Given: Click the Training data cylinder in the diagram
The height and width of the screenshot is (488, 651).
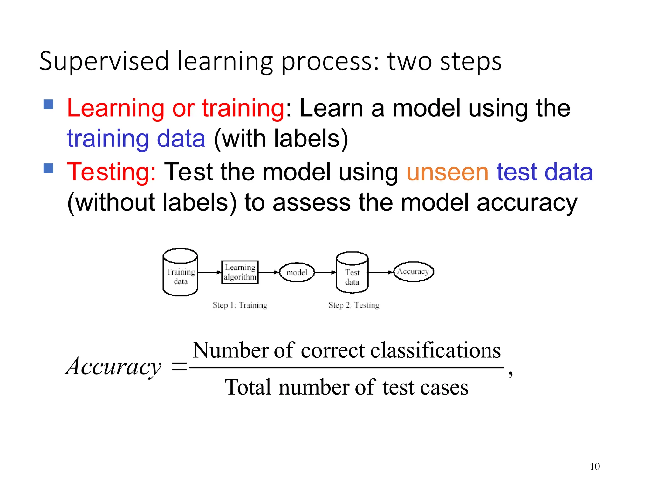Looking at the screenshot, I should (180, 273).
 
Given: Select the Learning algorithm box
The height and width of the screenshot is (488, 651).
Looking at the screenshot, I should (240, 272).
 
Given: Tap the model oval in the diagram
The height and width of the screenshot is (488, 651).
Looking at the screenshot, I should (297, 272).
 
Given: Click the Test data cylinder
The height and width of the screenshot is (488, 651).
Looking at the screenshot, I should (352, 273).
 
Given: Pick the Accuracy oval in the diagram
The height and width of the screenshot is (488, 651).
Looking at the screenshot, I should (413, 271).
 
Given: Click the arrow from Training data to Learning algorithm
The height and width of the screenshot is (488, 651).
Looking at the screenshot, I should (209, 272).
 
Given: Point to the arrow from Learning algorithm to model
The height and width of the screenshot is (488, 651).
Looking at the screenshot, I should (269, 272).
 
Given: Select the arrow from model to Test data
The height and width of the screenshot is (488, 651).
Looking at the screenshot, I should (325, 272).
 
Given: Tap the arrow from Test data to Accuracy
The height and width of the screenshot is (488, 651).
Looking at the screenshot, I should (380, 272).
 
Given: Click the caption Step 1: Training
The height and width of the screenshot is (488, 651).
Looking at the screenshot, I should (240, 305).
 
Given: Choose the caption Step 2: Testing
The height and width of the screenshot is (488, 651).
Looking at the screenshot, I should (354, 305).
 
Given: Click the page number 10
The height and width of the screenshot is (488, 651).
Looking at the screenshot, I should (594, 466).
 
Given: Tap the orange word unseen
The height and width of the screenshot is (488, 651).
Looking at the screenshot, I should (447, 172).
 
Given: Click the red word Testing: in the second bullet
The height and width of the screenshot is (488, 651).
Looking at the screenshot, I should (112, 172).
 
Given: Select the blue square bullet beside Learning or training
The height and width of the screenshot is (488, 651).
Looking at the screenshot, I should (48, 104).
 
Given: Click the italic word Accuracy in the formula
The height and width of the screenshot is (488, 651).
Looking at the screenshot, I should (113, 366).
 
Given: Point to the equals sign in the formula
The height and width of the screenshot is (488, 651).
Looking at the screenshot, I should (179, 368).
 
